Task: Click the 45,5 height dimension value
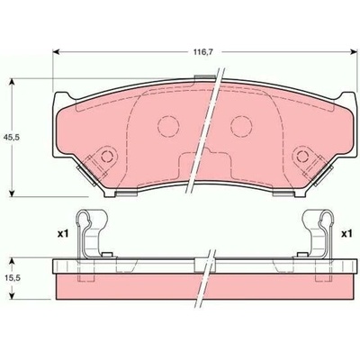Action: coord(12,138)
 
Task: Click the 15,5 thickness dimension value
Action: coord(12,278)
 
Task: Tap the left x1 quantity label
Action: coord(63,234)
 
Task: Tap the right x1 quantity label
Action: coord(346,234)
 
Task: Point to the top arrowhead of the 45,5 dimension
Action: coord(12,83)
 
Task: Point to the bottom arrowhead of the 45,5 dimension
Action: coord(12,193)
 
